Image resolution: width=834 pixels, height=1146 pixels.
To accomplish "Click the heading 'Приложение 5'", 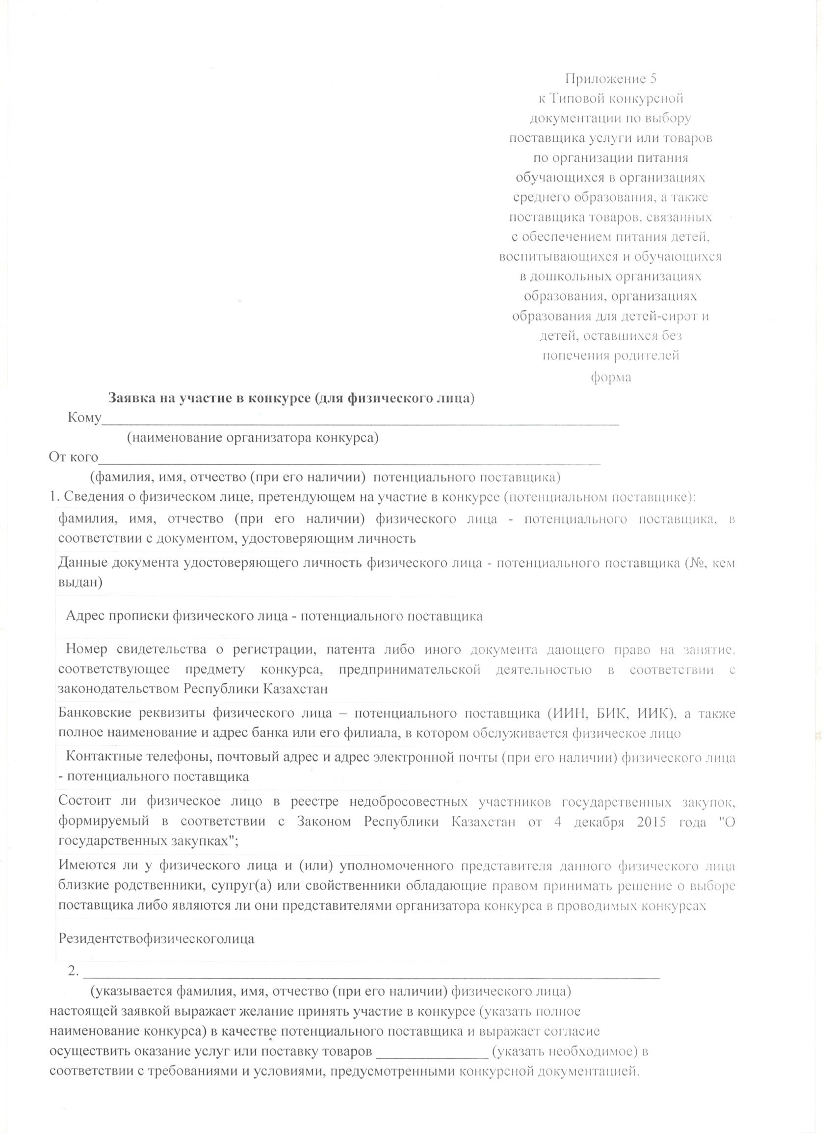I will (610, 79).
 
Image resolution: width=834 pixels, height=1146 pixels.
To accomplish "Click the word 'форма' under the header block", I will (611, 377).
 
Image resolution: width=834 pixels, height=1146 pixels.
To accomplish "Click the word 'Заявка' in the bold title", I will (130, 398).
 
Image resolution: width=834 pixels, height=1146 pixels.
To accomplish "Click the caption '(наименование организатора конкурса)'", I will (252, 438).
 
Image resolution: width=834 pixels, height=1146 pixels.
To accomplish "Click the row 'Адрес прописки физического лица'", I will (274, 617).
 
